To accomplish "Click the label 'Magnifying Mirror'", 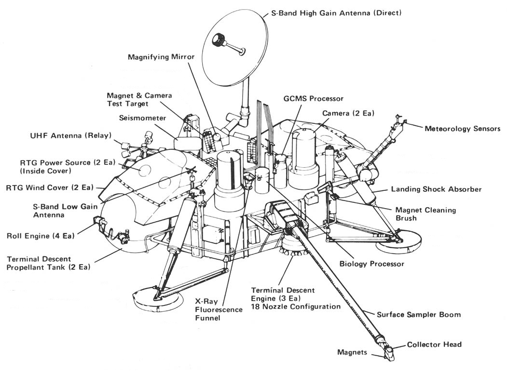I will [161, 57].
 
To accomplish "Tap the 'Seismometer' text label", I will [143, 118].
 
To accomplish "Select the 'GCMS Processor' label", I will [314, 98].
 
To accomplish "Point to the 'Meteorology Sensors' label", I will [462, 129].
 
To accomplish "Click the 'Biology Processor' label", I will [371, 264].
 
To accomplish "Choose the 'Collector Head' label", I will [434, 344].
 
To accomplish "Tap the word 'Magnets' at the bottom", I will [352, 352].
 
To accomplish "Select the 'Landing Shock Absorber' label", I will [436, 189].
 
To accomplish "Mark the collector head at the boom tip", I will [389, 351].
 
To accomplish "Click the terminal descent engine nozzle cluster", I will [292, 247].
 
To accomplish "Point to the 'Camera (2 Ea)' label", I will [348, 113].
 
